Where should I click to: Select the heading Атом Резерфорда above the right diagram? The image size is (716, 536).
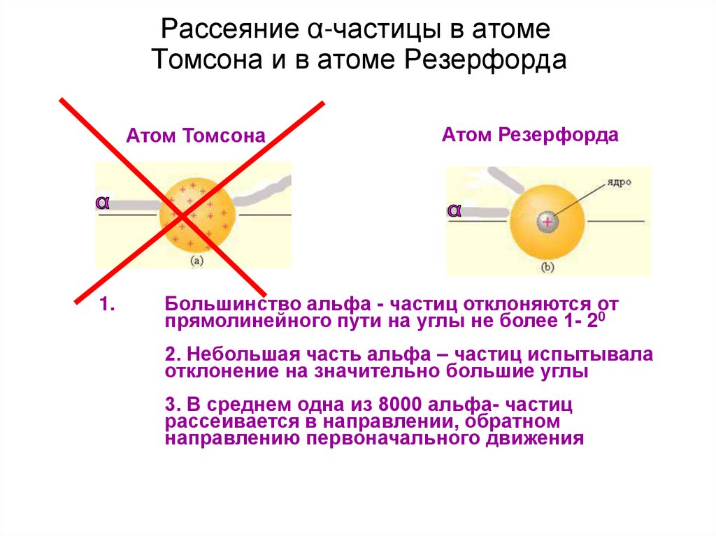click(530, 134)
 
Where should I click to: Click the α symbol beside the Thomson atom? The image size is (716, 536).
click(103, 203)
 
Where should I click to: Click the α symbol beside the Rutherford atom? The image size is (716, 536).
click(454, 210)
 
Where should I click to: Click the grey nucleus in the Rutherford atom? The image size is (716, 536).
click(547, 222)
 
